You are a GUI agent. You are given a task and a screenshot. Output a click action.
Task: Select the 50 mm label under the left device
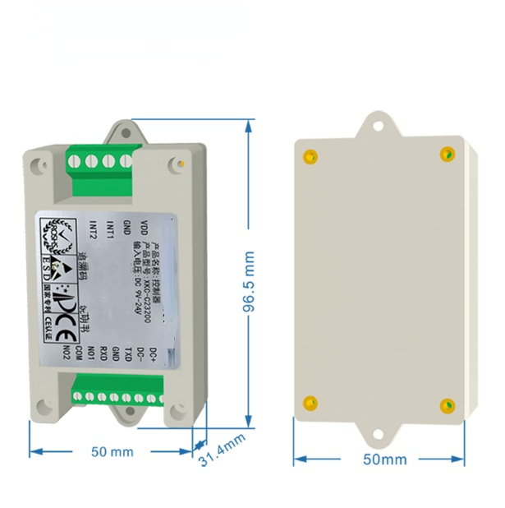112,451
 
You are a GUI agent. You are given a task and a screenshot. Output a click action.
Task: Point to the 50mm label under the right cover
384,459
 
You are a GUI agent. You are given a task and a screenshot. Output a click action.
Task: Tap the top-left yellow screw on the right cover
310,157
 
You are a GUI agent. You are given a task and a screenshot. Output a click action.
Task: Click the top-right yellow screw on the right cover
447,154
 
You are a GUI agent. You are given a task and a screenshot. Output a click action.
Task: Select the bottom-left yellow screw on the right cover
310,402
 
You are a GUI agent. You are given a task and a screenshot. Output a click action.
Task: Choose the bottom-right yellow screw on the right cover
448,404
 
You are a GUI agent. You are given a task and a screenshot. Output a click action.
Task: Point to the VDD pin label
145,227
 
